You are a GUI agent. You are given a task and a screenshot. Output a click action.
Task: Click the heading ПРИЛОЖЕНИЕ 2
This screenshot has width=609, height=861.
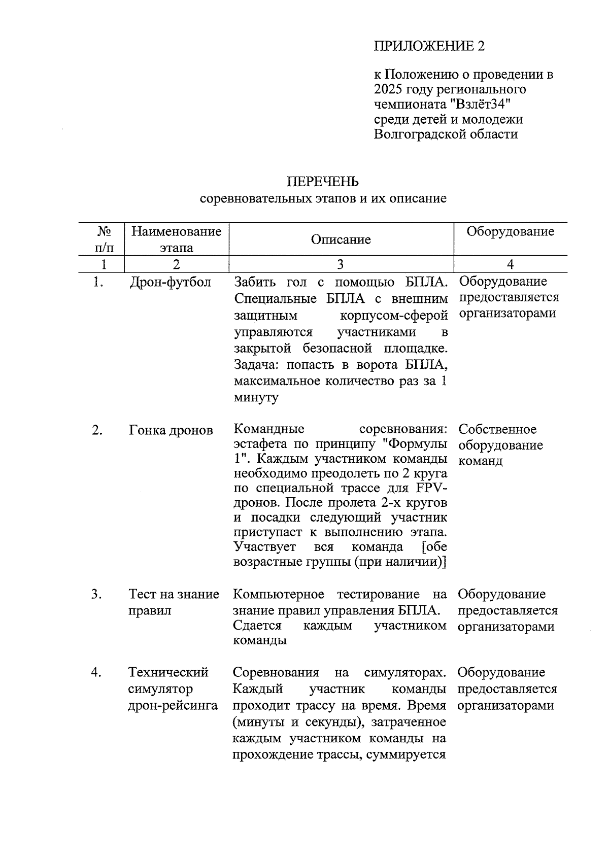[429, 46]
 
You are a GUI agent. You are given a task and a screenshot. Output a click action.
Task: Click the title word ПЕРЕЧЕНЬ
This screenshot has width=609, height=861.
[323, 182]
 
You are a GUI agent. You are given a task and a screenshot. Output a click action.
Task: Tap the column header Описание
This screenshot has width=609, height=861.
[341, 239]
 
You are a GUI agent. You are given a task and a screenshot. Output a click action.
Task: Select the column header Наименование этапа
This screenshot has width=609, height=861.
[176, 239]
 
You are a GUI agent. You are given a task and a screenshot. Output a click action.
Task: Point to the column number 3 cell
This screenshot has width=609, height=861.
[340, 264]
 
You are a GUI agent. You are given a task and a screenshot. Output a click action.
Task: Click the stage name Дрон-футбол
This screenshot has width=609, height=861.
[171, 282]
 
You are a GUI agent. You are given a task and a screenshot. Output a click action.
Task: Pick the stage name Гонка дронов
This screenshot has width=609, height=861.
[171, 430]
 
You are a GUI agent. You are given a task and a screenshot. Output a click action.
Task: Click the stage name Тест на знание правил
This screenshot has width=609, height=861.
[174, 602]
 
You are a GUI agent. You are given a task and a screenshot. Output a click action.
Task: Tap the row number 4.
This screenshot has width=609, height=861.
[96, 673]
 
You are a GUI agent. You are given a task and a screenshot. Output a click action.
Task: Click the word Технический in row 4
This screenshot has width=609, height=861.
[168, 673]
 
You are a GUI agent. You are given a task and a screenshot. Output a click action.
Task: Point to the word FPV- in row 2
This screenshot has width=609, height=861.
[431, 489]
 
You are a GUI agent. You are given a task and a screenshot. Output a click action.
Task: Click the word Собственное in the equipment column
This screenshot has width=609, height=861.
[497, 429]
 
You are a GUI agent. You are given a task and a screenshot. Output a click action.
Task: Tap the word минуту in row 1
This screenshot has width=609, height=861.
[256, 398]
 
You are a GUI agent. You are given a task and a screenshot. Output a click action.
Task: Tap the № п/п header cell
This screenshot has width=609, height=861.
[104, 239]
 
